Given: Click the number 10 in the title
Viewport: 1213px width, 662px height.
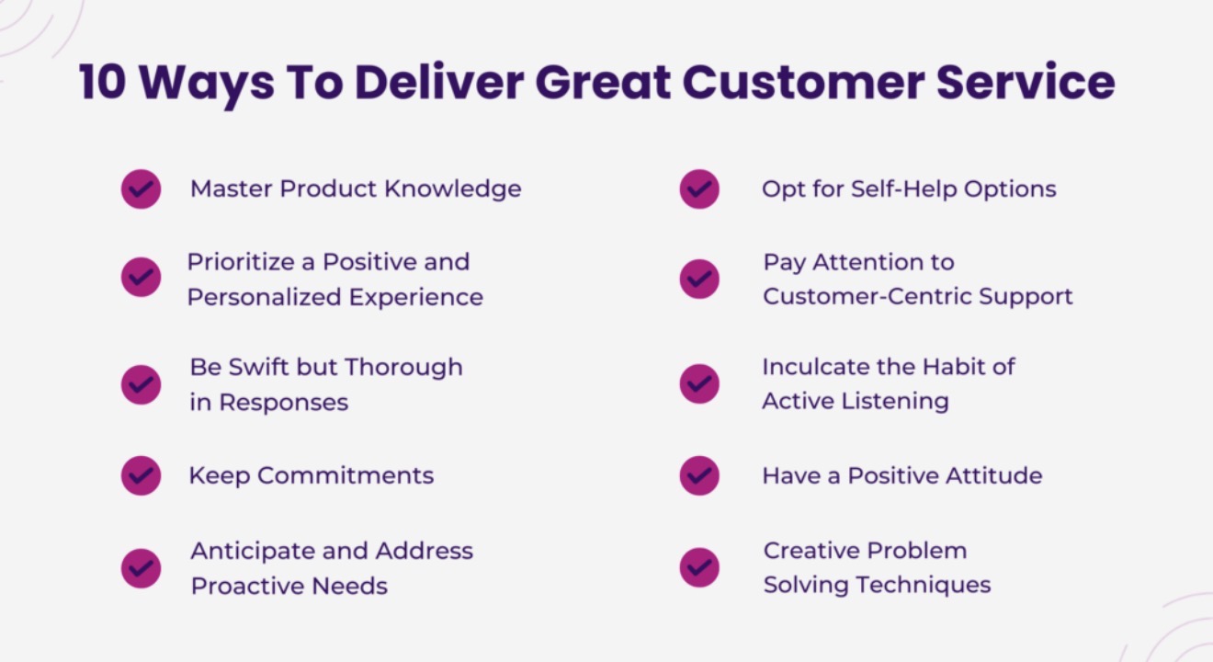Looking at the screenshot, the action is [x=103, y=83].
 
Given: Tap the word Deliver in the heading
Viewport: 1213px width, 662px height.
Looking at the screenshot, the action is [x=439, y=83].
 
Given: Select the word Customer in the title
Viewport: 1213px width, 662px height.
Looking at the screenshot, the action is [x=803, y=83].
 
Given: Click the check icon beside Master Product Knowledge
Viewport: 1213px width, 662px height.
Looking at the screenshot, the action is [x=141, y=189].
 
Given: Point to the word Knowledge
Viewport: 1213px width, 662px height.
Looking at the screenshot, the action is [x=453, y=189].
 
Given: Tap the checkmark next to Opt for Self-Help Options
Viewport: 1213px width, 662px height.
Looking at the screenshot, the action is [x=699, y=189].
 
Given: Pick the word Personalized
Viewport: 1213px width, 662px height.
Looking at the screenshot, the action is [x=264, y=297].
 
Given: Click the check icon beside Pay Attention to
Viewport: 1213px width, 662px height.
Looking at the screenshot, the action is [x=699, y=279].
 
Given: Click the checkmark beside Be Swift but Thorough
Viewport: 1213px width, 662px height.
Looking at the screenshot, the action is [x=141, y=384].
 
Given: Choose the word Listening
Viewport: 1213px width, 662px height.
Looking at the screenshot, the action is [x=895, y=402].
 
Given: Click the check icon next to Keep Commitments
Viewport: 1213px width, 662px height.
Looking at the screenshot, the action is [x=141, y=475].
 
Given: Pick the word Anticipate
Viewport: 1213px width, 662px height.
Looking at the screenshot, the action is [x=253, y=551].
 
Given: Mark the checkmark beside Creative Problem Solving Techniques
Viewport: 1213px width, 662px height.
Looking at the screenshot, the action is [x=699, y=567].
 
